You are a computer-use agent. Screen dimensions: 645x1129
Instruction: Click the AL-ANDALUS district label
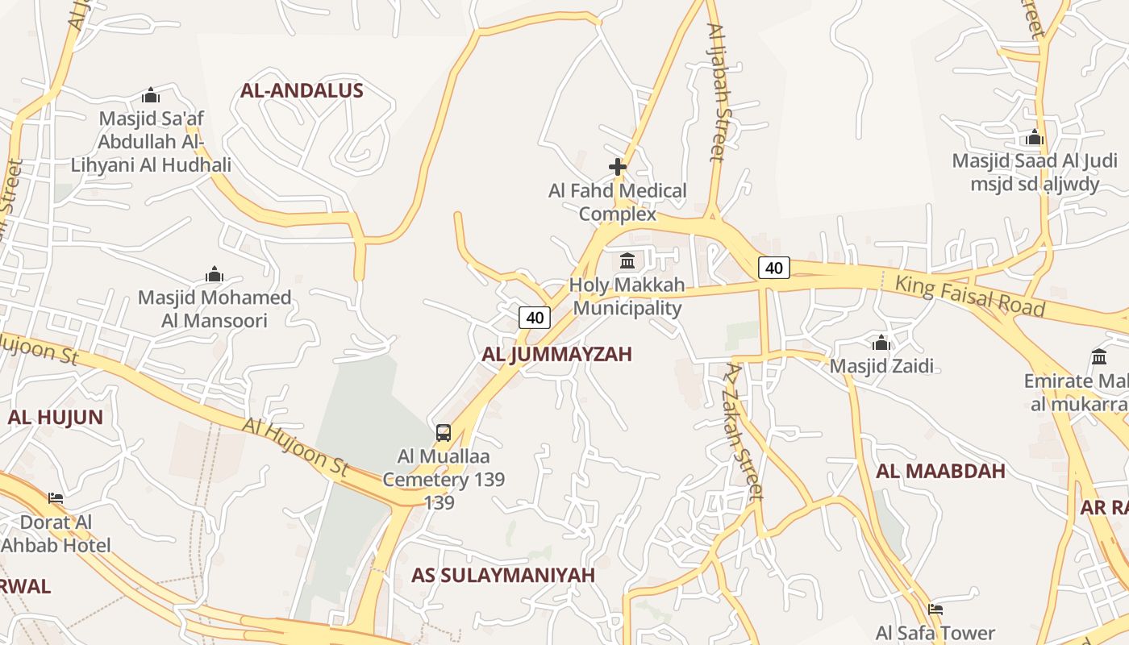point(302,90)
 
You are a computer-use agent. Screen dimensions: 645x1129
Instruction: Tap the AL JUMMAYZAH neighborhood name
point(556,354)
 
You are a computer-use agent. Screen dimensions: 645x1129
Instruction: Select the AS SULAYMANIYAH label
point(503,575)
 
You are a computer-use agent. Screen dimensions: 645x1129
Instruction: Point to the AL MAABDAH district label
point(940,471)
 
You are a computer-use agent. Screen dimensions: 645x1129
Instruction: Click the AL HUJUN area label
point(55,417)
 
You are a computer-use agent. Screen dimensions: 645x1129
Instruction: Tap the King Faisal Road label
point(970,295)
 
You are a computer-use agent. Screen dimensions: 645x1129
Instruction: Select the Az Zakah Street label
point(744,431)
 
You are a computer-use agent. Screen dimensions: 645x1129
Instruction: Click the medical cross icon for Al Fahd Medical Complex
point(618,167)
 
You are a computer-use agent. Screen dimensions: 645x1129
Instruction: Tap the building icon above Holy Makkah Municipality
point(627,261)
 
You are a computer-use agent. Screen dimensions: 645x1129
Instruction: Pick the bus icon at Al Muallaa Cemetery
point(444,432)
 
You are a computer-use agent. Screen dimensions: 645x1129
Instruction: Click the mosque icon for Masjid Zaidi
point(881,343)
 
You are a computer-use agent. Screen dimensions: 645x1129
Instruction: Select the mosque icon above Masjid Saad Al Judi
point(1035,137)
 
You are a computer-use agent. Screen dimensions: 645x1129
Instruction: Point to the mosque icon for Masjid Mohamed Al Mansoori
point(214,274)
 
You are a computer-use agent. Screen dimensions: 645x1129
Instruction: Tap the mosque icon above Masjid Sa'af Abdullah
point(151,95)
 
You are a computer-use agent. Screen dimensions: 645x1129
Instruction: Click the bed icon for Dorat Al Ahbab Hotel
point(56,498)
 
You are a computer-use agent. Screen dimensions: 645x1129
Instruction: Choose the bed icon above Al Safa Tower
point(935,610)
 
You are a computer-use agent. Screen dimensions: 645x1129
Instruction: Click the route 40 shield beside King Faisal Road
point(773,268)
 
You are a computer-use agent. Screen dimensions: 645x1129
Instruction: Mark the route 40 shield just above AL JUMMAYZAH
point(535,318)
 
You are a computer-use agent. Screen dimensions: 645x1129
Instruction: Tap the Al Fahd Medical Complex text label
point(618,202)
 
